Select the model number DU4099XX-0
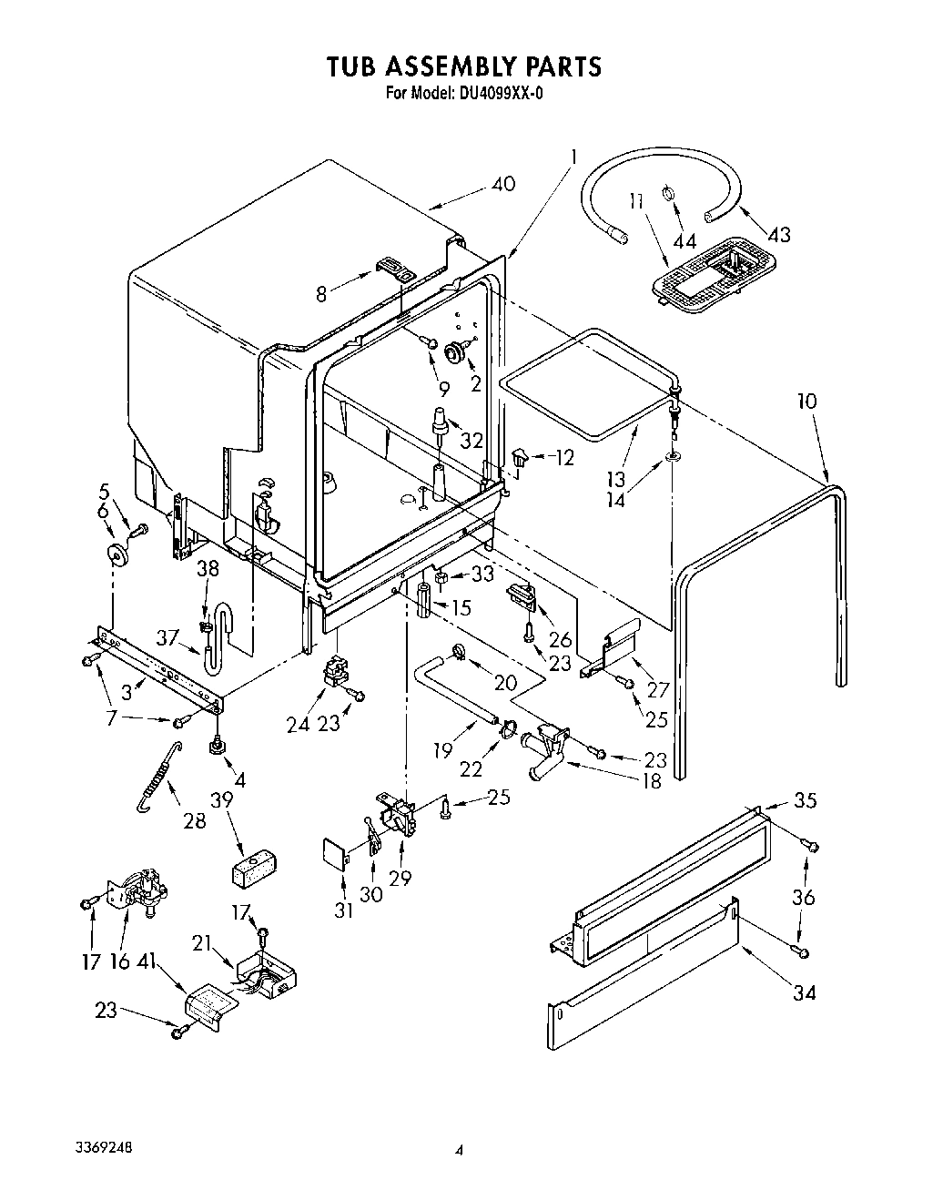click(492, 92)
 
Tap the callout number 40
click(502, 184)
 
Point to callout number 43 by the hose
click(777, 234)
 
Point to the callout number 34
click(804, 992)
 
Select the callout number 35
click(805, 800)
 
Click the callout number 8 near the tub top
click(320, 294)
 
